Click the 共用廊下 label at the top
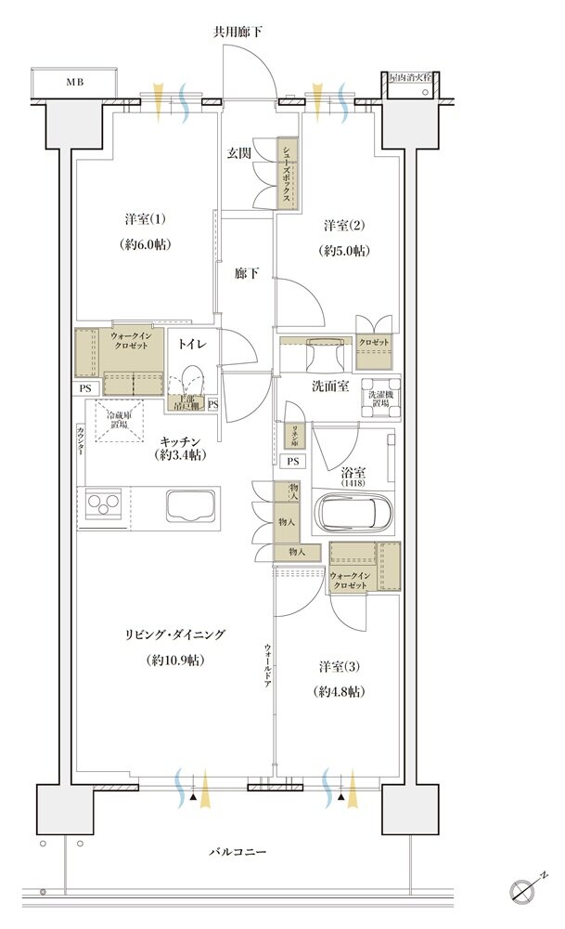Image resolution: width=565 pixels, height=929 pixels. click(x=238, y=32)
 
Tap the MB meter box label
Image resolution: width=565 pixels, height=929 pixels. click(x=73, y=82)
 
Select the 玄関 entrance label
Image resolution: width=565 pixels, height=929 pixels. click(x=239, y=153)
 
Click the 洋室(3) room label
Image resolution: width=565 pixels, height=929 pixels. click(x=338, y=667)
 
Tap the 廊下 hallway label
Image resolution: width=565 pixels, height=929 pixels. click(x=245, y=274)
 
